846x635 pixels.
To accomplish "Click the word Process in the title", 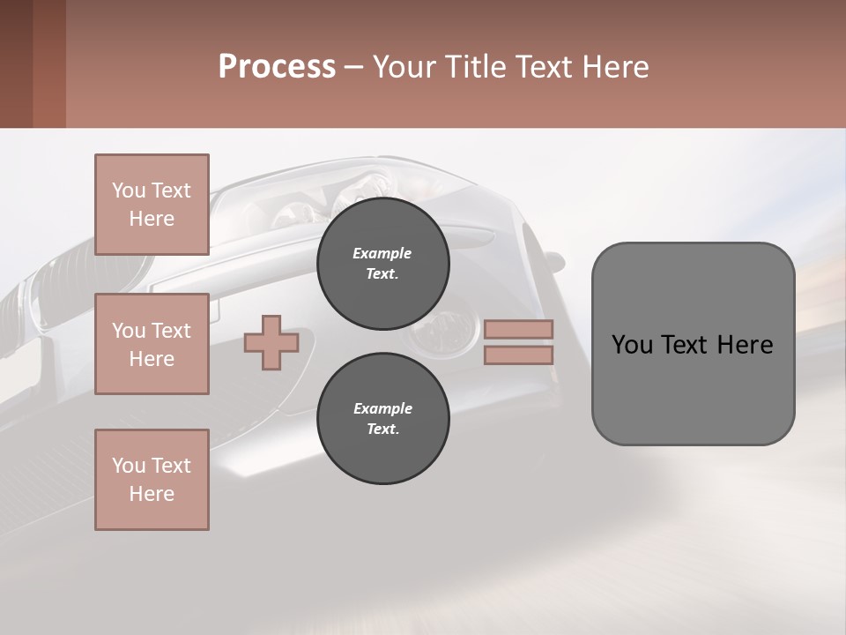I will tap(277, 67).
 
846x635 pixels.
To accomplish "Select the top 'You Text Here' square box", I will tap(152, 205).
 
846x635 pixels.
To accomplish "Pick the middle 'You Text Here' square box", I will tap(152, 344).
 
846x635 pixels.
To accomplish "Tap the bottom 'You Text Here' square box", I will tap(152, 480).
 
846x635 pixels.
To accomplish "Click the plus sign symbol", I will tap(271, 343).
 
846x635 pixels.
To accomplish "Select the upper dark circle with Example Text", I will tap(382, 264).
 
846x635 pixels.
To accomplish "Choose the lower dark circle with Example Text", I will tap(382, 419).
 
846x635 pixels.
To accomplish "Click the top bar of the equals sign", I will tap(518, 330).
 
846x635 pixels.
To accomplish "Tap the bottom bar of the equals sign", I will tap(518, 355).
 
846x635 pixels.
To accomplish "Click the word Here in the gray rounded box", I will tap(745, 345).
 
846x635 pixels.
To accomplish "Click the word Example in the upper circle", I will tap(382, 253).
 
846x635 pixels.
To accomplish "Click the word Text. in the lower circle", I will tap(382, 430).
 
